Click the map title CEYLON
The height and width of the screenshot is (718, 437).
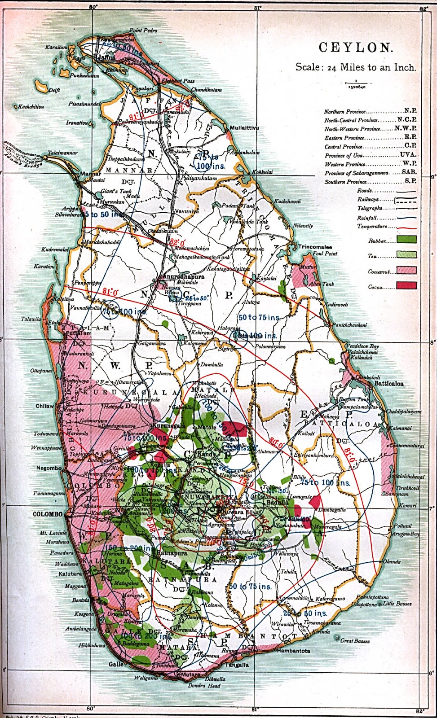coord(356,48)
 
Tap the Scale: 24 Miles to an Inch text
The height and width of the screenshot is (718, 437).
coord(355,67)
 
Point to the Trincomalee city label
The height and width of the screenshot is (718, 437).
coord(315,247)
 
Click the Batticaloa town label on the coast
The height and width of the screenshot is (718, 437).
coord(389,384)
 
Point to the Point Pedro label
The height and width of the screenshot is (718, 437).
coord(143,31)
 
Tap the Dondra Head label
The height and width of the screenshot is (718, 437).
coord(204,686)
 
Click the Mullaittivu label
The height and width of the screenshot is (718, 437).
coord(244,128)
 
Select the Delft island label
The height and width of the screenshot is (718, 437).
coord(54,90)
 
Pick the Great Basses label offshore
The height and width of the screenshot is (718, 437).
coord(355,641)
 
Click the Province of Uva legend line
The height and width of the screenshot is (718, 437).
coord(371,155)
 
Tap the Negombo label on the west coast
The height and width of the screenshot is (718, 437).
coord(49,468)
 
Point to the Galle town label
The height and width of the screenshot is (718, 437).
coord(116,664)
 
